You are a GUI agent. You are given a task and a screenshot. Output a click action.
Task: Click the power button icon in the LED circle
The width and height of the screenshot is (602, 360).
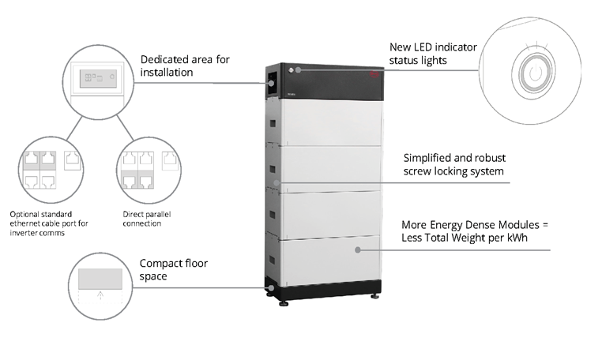pyautogui.click(x=536, y=73)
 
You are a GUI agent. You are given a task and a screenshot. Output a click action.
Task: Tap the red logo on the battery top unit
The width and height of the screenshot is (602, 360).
pyautogui.click(x=374, y=74)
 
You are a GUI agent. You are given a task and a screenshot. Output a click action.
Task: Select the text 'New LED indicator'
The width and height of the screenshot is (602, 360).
pyautogui.click(x=433, y=47)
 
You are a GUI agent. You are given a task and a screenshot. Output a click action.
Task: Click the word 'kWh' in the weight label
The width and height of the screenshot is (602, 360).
pyautogui.click(x=517, y=238)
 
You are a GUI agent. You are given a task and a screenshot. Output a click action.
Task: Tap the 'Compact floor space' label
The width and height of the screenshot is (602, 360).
pyautogui.click(x=174, y=270)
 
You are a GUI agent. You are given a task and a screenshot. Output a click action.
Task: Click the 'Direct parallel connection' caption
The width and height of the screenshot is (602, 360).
pyautogui.click(x=147, y=219)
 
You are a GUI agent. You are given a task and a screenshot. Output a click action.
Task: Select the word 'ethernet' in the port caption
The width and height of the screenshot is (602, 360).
pyautogui.click(x=24, y=223)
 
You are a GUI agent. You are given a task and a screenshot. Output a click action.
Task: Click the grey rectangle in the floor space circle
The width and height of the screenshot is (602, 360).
pyautogui.click(x=100, y=279)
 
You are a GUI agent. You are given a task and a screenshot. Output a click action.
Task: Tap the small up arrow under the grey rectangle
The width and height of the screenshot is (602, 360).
pyautogui.click(x=100, y=295)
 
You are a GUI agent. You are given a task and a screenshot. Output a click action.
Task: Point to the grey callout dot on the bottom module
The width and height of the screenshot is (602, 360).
pyautogui.click(x=358, y=249)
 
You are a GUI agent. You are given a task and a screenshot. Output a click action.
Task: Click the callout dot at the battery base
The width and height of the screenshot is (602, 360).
pyautogui.click(x=272, y=288)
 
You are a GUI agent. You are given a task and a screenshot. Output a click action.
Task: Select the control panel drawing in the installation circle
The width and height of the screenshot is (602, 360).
pyautogui.click(x=98, y=78)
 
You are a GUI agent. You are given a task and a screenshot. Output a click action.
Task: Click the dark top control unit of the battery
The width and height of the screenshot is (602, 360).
pyautogui.click(x=325, y=82)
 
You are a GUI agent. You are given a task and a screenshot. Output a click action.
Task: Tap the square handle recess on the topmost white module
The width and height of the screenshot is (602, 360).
pyautogui.click(x=273, y=124)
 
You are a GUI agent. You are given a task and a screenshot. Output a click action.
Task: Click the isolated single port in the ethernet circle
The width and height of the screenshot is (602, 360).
pyautogui.click(x=72, y=161)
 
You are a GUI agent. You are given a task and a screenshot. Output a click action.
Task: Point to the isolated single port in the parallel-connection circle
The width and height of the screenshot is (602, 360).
pyautogui.click(x=170, y=161)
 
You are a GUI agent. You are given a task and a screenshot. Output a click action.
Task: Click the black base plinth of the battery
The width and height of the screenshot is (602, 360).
pyautogui.click(x=323, y=289)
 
